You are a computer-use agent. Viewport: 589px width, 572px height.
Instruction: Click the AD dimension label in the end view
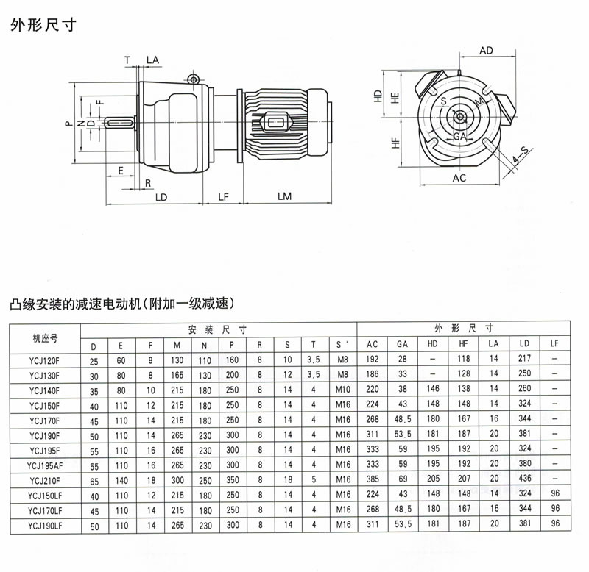[x=486, y=51]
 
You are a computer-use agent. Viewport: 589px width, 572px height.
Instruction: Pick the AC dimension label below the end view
[x=459, y=179]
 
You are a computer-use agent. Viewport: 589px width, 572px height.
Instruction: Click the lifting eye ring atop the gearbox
[x=193, y=79]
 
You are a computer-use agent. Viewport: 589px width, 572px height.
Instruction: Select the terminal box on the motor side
[x=278, y=122]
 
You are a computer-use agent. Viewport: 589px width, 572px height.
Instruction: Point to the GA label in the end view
[x=459, y=137]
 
